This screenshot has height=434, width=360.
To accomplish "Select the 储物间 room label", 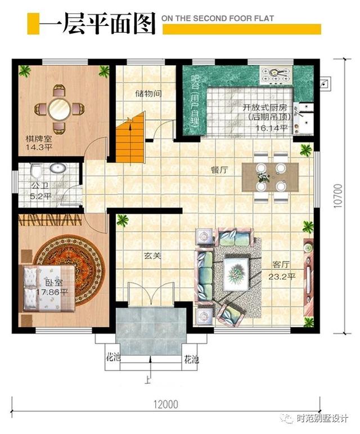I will click(x=149, y=94).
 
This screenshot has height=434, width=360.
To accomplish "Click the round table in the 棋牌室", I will click(x=60, y=108).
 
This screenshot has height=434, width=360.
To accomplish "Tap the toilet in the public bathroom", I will click(x=35, y=170).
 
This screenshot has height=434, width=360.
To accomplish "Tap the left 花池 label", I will click(x=112, y=358).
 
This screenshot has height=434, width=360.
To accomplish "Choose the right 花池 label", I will click(x=191, y=358).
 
